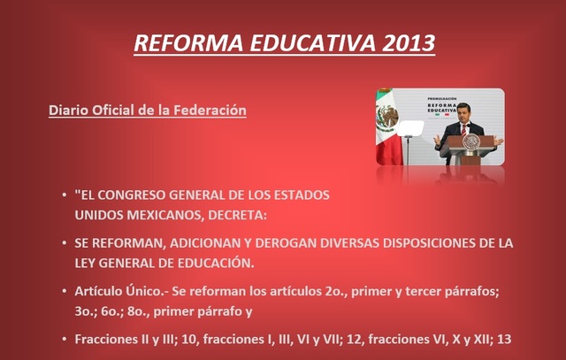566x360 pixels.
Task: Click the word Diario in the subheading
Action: tap(69, 111)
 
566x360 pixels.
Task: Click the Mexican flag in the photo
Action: tap(386, 124)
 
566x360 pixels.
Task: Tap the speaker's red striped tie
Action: tap(463, 130)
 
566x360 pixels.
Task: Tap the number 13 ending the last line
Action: tap(506, 339)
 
